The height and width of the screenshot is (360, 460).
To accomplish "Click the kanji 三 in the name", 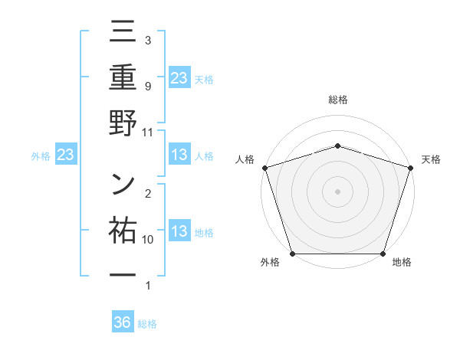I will (x=123, y=35).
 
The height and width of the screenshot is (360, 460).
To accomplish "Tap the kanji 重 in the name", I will (x=123, y=80).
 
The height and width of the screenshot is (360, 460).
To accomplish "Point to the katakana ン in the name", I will (x=123, y=185).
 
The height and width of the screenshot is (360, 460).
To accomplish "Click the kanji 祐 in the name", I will (x=123, y=231).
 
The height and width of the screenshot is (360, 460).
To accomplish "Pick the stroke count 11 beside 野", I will (x=148, y=132).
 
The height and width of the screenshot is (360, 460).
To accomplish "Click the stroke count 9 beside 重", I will (x=148, y=86).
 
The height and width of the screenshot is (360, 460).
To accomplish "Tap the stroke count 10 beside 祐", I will (x=148, y=240).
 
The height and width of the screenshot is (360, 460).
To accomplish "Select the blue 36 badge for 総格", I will (x=123, y=322).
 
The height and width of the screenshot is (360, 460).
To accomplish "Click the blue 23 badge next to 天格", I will (x=179, y=77).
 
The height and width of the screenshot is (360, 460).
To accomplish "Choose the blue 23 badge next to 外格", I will (x=65, y=155).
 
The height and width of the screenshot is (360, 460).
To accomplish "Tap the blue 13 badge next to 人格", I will (x=179, y=155).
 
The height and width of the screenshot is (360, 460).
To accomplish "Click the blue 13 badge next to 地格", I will (x=179, y=231).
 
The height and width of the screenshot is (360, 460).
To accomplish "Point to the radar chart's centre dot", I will (x=337, y=191).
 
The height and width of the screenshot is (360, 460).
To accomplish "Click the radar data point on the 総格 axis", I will (x=337, y=146).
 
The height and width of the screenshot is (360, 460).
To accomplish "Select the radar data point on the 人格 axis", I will (x=264, y=167).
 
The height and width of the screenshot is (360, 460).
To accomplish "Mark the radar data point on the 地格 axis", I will (x=383, y=253).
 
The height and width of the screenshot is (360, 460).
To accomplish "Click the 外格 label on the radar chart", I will (x=270, y=262).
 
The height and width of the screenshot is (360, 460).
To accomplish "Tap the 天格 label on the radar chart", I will (x=432, y=159).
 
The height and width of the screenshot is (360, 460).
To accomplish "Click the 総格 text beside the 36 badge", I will (x=147, y=324).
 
